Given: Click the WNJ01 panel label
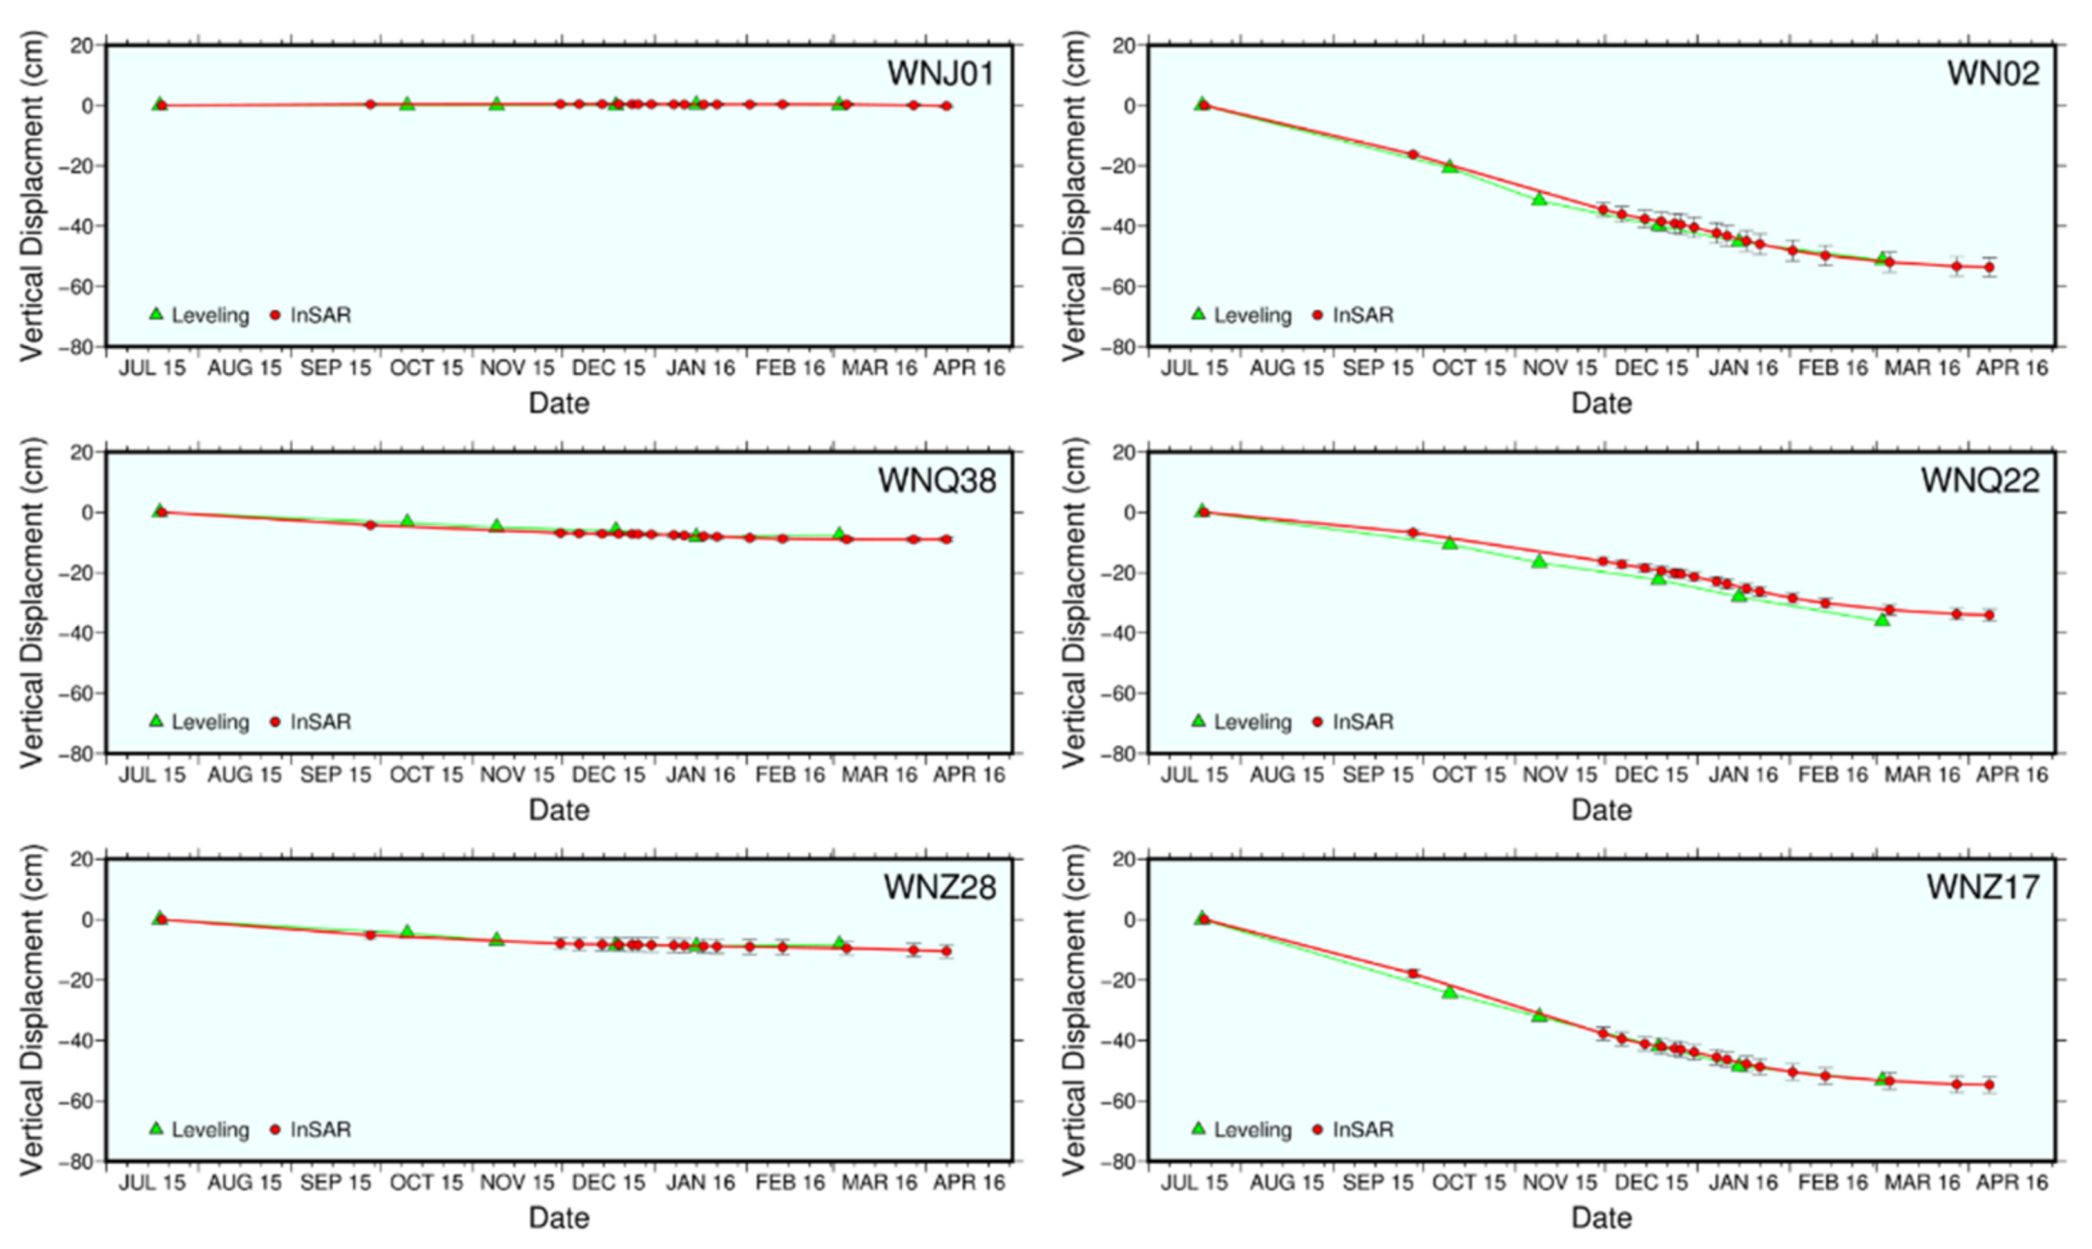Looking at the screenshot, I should pyautogui.click(x=940, y=74).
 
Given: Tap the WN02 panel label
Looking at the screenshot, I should pyautogui.click(x=1993, y=74).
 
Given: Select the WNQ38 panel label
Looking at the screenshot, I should pyautogui.click(x=936, y=480).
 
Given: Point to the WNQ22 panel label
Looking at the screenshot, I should pyautogui.click(x=1979, y=480).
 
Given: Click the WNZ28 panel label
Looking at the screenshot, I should pyautogui.click(x=939, y=887).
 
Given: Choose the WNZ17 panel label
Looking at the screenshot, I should pyautogui.click(x=1982, y=887).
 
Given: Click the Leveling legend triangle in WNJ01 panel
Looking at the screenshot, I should pyautogui.click(x=157, y=314).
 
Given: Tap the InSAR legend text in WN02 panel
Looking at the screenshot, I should pyautogui.click(x=1362, y=315).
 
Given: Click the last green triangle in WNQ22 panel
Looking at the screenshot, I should pyautogui.click(x=1882, y=620).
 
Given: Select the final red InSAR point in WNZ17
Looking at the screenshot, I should pyautogui.click(x=1989, y=1085).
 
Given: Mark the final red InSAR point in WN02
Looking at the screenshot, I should pyautogui.click(x=1989, y=267).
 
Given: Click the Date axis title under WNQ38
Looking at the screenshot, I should pyautogui.click(x=559, y=810).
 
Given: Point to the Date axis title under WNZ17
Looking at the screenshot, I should pyautogui.click(x=1601, y=1217).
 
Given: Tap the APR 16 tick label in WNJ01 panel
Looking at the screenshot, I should pyautogui.click(x=968, y=368).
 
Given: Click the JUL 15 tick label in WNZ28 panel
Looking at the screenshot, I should pyautogui.click(x=152, y=1183).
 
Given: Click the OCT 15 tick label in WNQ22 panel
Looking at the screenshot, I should pyautogui.click(x=1468, y=775).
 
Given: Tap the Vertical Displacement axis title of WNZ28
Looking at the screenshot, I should pyautogui.click(x=33, y=1009).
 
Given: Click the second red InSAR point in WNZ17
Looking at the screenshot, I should pyautogui.click(x=1413, y=974).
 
